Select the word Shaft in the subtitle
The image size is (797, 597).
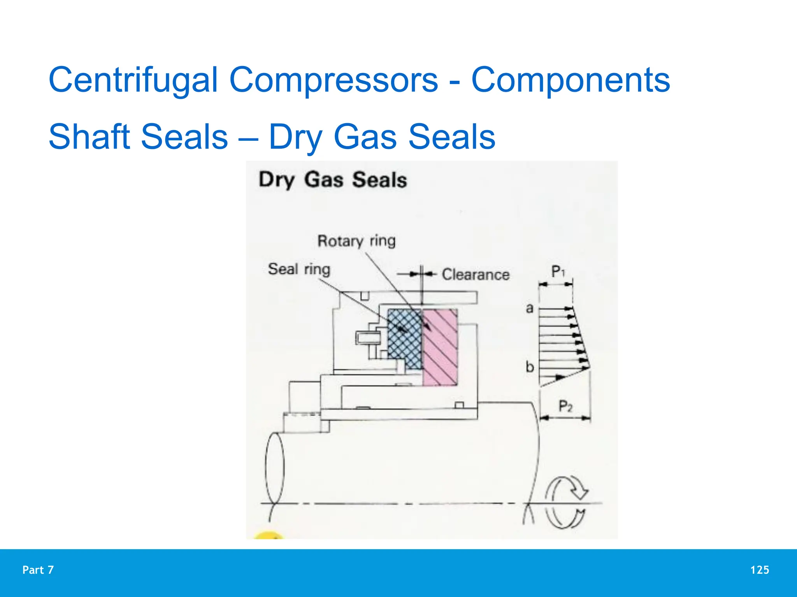coord(89,137)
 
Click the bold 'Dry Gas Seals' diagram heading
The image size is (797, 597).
coord(333,180)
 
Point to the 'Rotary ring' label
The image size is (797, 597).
coord(356,241)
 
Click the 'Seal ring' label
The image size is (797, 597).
coord(299,269)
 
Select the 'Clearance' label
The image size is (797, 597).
coord(476,274)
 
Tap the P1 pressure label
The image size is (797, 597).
coord(558,271)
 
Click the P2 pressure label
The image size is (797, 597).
coord(565,406)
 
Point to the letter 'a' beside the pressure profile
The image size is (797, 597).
coord(529,309)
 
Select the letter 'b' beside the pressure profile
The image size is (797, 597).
coord(530,367)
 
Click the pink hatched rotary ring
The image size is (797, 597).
coord(440,347)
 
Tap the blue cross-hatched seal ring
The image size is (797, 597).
coord(405,338)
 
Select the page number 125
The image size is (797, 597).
coord(760,570)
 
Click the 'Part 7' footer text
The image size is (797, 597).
coord(38,570)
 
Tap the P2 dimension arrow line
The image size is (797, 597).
coord(565,418)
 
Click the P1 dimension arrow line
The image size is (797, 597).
coord(555,285)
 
